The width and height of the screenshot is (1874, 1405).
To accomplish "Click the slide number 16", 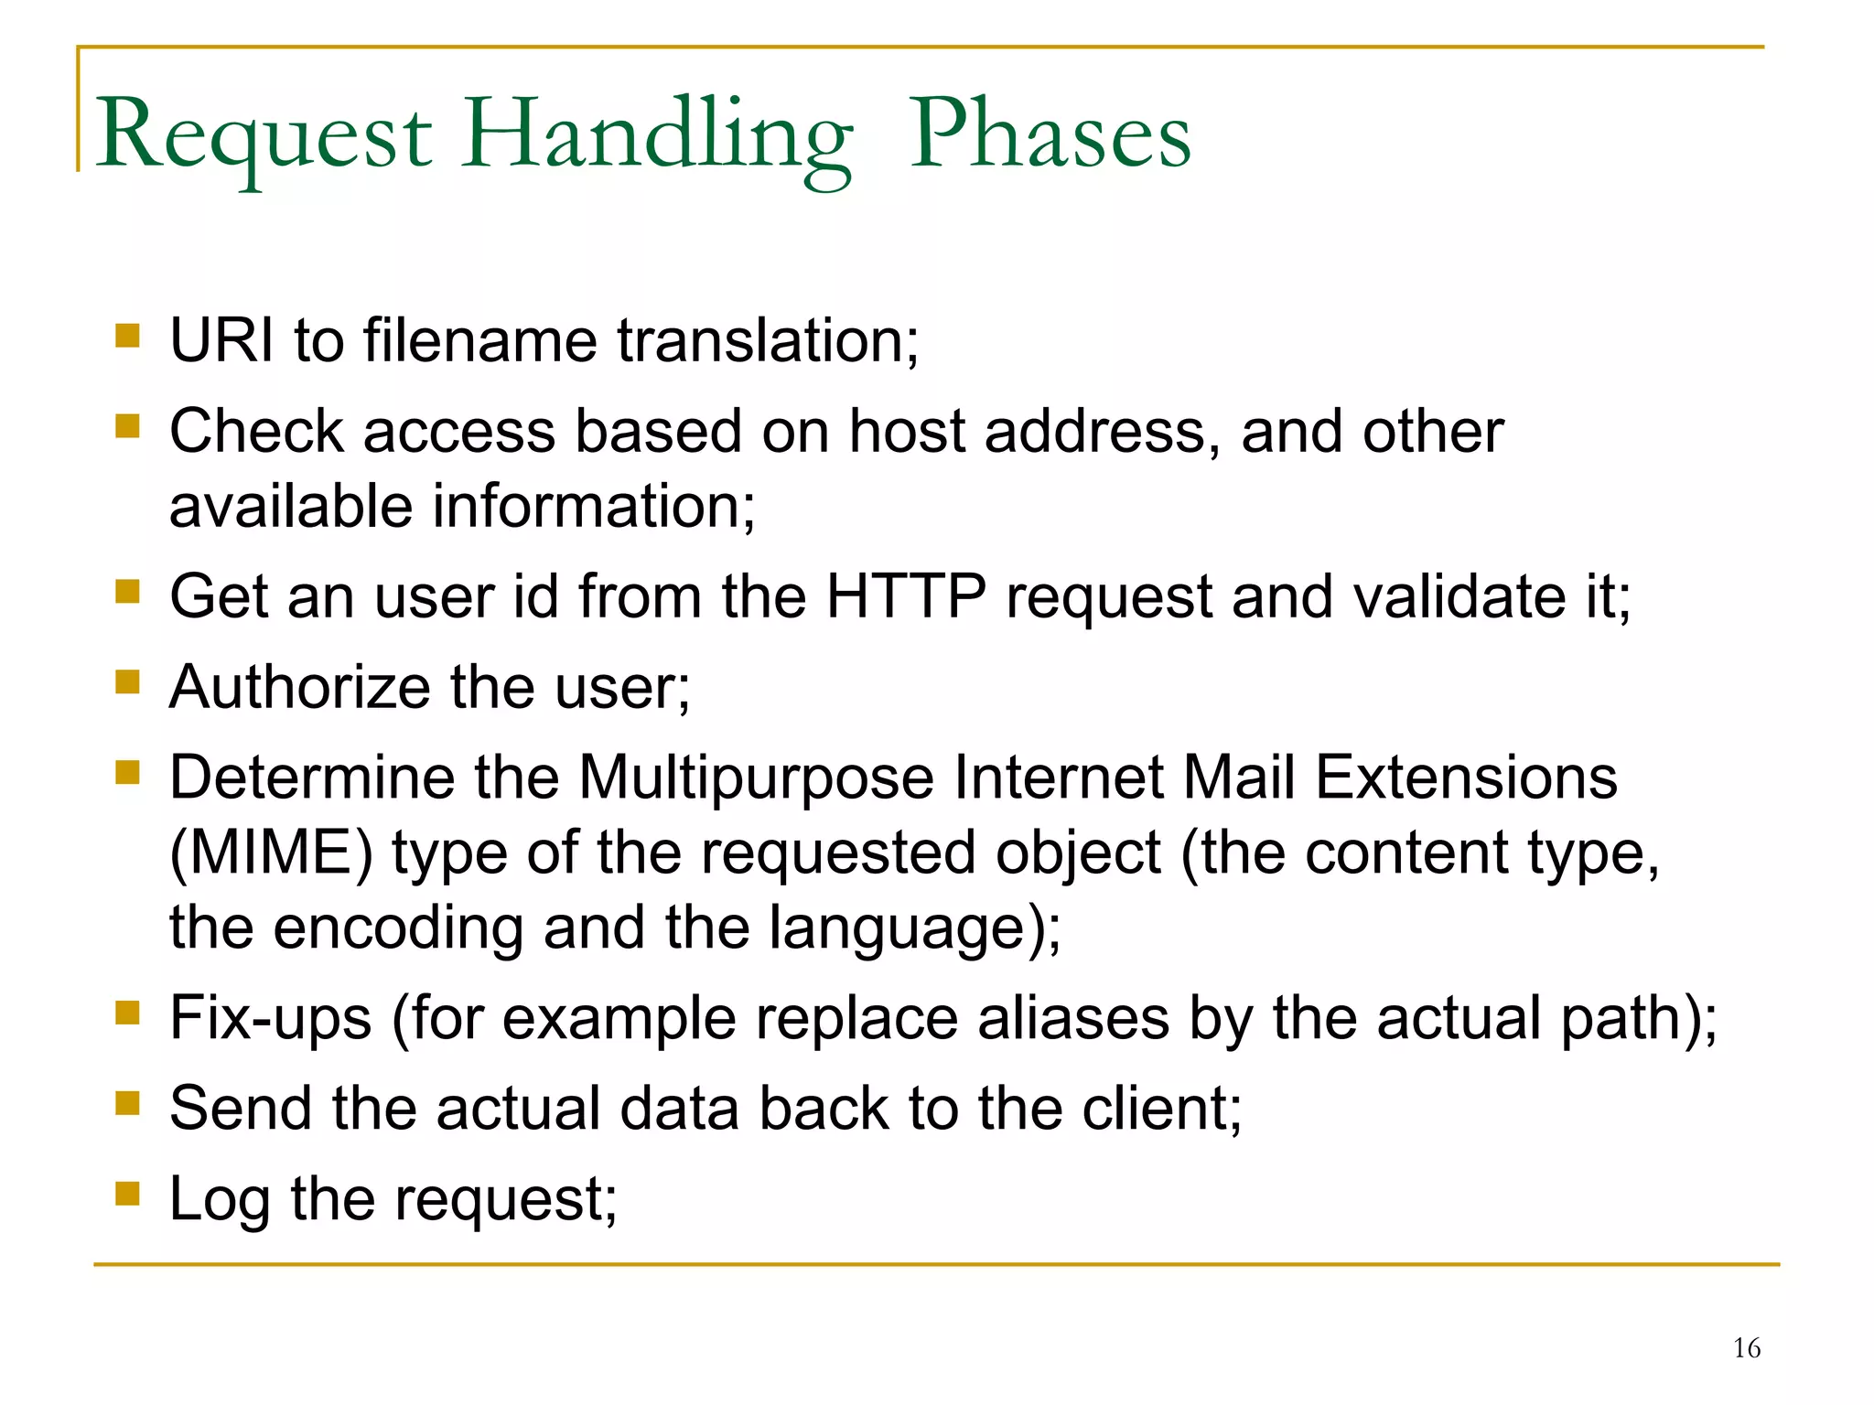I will tap(1746, 1348).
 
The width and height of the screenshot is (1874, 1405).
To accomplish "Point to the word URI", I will tap(221, 340).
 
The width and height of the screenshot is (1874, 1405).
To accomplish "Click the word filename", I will tap(480, 340).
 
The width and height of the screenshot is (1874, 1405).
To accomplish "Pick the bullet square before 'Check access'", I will tap(127, 426).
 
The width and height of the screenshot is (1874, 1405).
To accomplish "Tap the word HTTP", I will tap(906, 596).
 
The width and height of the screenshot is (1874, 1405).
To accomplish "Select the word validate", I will tap(1459, 596).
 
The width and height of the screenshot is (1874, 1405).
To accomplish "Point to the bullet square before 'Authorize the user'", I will tap(127, 682).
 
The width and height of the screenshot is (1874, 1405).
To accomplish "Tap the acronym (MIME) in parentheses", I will tap(272, 853).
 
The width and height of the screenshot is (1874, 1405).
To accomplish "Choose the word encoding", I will tap(398, 927).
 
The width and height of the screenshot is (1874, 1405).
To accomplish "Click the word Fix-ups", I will tap(271, 1017).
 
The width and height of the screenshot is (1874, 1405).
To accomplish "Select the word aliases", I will tap(1073, 1017).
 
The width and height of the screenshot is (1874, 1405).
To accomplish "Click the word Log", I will tap(220, 1199).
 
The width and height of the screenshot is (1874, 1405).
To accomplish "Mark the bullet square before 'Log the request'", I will tap(127, 1194).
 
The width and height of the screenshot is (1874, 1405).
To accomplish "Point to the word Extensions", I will tap(1466, 778).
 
